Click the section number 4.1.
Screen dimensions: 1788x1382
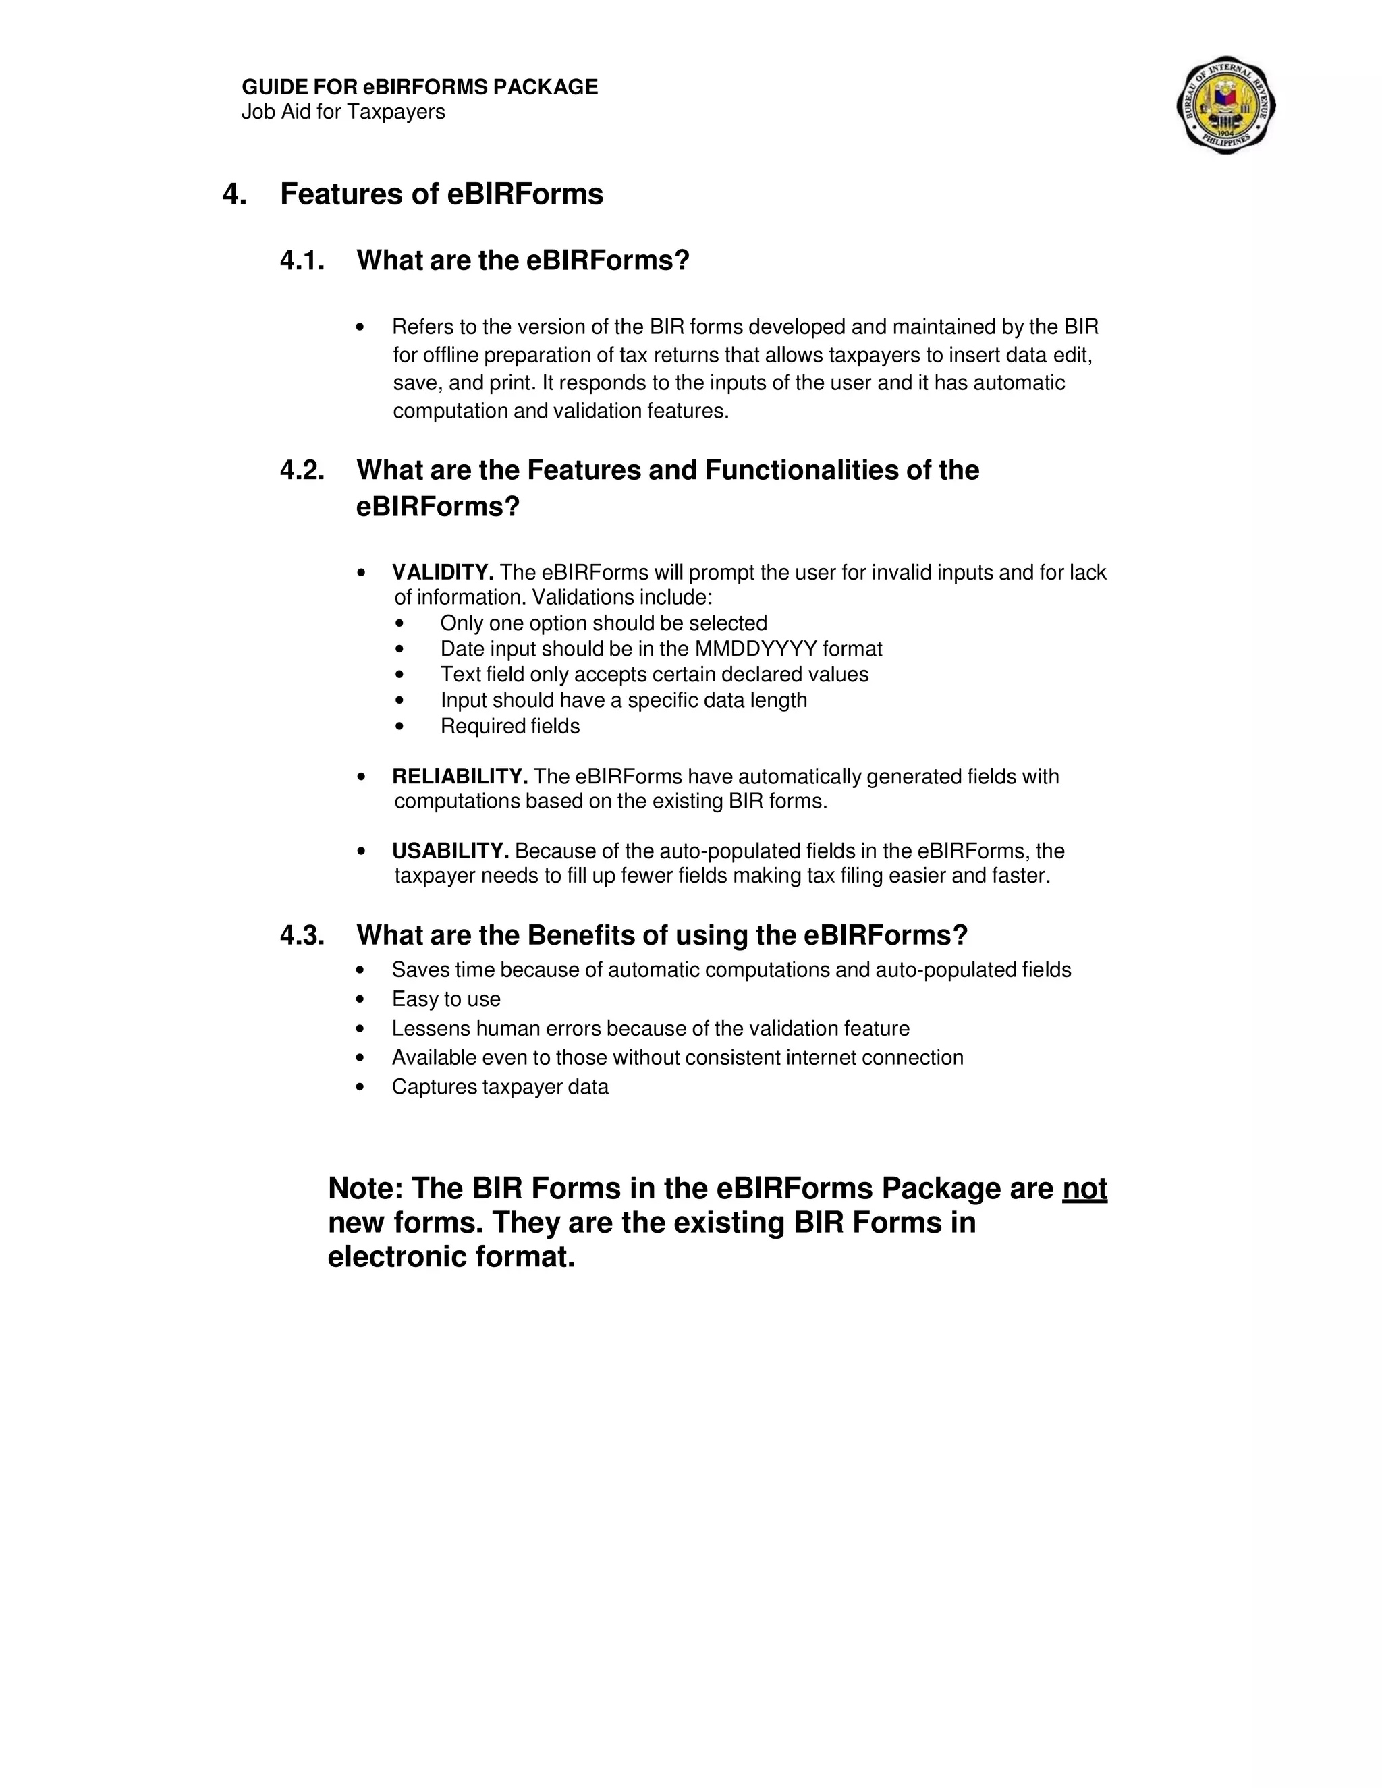click(302, 260)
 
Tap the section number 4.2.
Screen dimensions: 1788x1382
click(302, 470)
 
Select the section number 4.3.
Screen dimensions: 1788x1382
click(302, 935)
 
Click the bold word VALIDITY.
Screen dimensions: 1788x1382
click(442, 572)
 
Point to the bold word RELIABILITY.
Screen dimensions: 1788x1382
click(460, 776)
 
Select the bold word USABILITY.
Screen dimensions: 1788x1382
click(450, 851)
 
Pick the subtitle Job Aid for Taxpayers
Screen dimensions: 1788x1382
click(343, 112)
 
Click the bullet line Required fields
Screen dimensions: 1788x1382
click(510, 726)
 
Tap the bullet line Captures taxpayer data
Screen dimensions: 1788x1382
click(500, 1086)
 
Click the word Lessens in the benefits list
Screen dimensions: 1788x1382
click(431, 1028)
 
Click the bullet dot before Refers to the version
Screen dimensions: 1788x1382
click(360, 327)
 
